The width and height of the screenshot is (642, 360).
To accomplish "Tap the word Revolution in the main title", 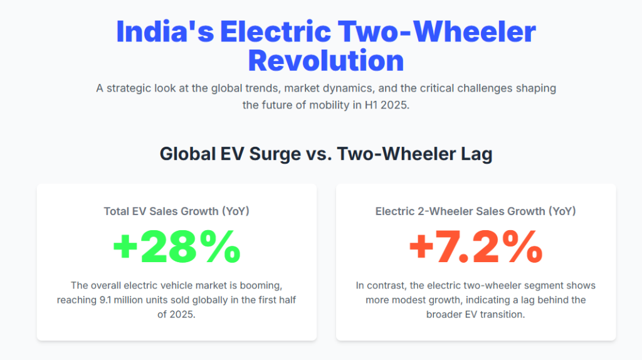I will click(326, 61).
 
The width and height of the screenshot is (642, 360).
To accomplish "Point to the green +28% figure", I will click(176, 247).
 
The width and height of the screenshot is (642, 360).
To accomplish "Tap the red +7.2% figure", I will click(475, 247).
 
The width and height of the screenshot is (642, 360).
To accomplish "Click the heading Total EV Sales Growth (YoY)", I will click(176, 211).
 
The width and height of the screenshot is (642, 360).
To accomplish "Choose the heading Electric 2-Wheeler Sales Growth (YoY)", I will click(475, 211).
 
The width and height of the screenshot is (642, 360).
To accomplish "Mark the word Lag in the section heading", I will click(477, 154).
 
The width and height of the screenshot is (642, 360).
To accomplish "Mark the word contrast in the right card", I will click(387, 285).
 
